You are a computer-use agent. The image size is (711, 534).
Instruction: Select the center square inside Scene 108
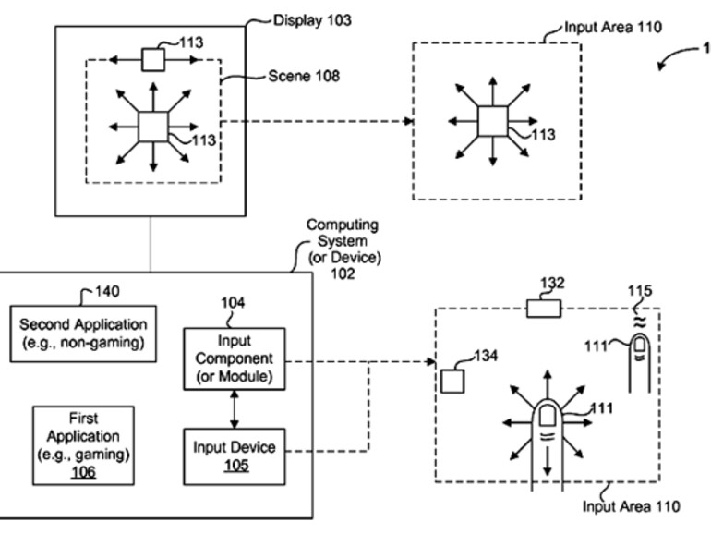(151, 126)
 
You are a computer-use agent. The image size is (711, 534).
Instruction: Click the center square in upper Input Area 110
(491, 121)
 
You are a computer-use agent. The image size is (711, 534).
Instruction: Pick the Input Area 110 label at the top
(600, 29)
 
